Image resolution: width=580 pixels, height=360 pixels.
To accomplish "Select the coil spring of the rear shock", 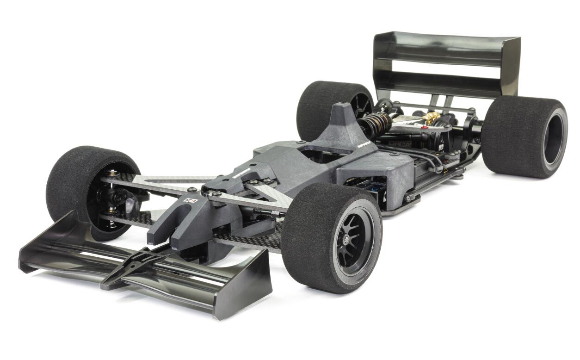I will pos(373,124).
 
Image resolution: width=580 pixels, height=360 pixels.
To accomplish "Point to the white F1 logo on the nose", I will pos(191,200).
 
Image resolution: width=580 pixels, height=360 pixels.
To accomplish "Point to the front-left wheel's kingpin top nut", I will pos(111,173).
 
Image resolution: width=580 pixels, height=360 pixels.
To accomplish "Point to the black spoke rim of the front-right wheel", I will pos(354,236).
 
